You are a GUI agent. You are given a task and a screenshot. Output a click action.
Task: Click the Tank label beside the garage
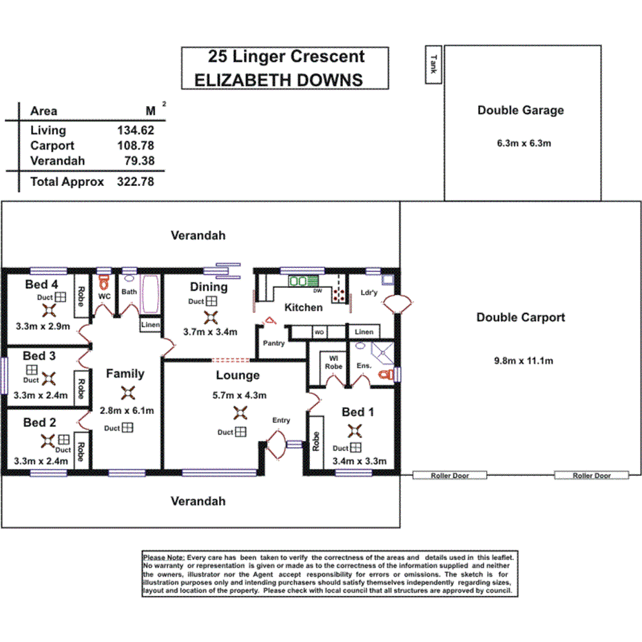click(x=433, y=65)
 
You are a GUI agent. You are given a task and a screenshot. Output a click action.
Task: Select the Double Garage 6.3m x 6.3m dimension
click(x=520, y=144)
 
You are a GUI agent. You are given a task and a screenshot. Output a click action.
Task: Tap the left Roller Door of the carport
click(x=450, y=475)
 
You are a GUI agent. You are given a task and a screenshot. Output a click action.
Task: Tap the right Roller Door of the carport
click(x=592, y=475)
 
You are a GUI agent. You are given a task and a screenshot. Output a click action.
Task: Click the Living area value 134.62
click(x=136, y=130)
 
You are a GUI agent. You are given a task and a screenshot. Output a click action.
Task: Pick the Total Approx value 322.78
click(x=136, y=182)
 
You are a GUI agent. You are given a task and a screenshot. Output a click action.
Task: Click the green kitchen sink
click(x=300, y=281)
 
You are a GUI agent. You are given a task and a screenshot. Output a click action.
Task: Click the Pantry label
click(x=272, y=342)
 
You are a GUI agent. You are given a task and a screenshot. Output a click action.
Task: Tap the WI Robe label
click(x=334, y=362)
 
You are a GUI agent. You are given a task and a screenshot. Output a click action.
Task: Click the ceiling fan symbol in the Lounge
click(x=240, y=413)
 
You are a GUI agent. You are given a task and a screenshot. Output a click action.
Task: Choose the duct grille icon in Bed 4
click(x=61, y=297)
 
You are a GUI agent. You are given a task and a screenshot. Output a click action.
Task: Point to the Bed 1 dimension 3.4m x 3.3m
click(x=359, y=461)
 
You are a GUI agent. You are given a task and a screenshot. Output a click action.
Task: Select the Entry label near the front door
click(x=281, y=420)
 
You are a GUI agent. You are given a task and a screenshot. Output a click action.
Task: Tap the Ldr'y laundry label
click(x=369, y=293)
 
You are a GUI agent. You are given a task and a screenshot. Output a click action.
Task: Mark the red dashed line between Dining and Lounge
click(x=231, y=360)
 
